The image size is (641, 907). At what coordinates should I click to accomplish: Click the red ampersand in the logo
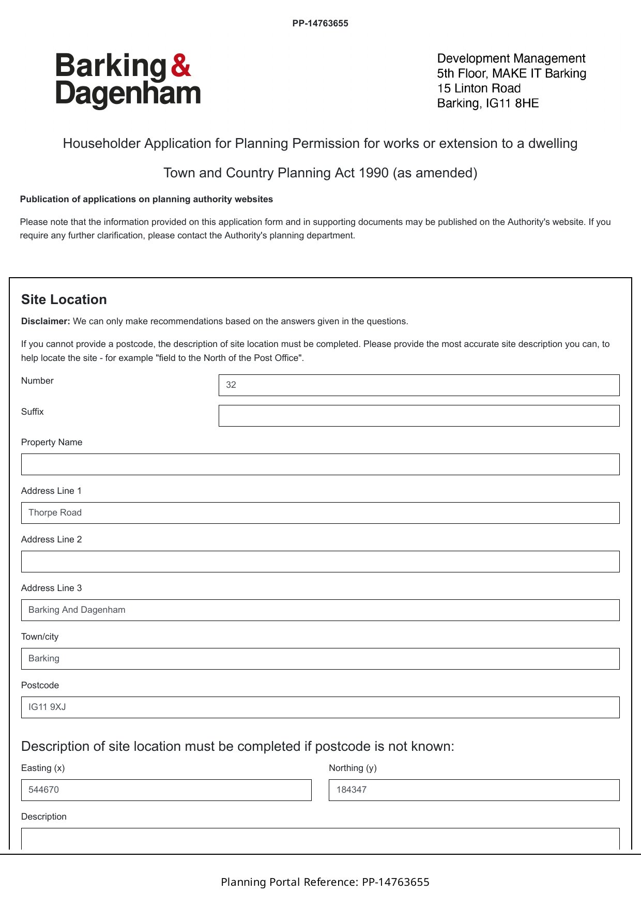(181, 66)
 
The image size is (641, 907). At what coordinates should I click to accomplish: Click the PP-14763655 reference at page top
(320, 23)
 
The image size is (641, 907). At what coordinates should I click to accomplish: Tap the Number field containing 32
(419, 385)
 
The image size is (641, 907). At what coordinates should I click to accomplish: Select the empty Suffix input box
(419, 416)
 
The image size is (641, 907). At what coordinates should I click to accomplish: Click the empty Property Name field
(320, 464)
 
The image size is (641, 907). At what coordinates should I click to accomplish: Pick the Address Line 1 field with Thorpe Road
(320, 513)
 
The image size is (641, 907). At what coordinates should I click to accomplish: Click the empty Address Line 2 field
(320, 562)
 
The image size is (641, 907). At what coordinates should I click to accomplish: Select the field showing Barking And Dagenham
(320, 610)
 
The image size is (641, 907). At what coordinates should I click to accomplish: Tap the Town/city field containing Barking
(320, 659)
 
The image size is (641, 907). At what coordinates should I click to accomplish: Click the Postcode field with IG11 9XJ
(320, 707)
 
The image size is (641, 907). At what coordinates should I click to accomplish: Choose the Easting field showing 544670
(166, 790)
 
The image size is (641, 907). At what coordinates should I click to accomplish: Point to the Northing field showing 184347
(474, 790)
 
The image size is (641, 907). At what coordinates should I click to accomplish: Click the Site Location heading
(64, 300)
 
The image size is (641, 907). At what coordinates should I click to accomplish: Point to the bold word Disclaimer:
(45, 321)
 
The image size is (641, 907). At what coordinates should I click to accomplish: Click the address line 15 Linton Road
(479, 88)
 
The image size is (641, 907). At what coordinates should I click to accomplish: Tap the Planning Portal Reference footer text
(325, 882)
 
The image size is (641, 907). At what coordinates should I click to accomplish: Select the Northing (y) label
(353, 768)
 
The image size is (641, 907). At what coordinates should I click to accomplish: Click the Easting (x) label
(43, 768)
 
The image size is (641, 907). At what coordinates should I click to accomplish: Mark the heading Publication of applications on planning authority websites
(146, 199)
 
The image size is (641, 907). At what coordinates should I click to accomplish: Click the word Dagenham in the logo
(128, 94)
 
